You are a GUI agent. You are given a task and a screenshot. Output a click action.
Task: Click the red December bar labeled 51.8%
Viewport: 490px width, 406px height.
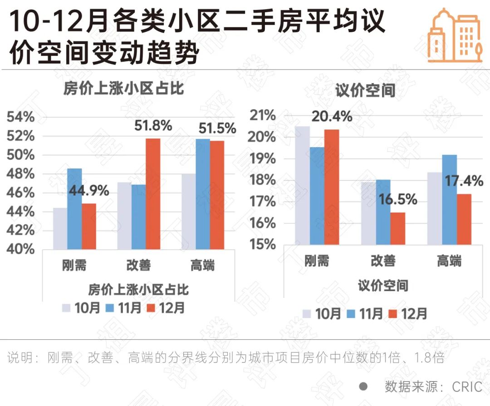click(x=153, y=193)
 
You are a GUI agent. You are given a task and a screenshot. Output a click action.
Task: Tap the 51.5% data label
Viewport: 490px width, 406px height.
click(x=217, y=129)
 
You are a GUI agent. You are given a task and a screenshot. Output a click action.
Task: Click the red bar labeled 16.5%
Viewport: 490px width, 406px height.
click(x=397, y=228)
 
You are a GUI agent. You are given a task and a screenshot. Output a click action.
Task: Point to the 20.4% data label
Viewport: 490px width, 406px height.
click(x=332, y=116)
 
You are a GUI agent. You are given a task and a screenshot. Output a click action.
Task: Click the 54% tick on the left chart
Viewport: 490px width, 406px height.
click(x=20, y=117)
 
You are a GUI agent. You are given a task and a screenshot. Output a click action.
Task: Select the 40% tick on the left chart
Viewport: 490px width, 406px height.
click(x=20, y=249)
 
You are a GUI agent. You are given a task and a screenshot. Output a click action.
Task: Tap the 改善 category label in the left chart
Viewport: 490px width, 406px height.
click(x=138, y=265)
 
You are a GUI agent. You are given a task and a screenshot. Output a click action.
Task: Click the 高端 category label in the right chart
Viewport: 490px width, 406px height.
click(x=449, y=261)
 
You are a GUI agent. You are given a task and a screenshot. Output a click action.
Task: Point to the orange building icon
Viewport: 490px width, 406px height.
click(x=454, y=35)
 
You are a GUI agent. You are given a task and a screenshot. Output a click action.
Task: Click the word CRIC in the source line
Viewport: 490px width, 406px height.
click(x=467, y=387)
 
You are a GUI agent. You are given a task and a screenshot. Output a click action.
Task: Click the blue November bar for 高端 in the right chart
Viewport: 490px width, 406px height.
click(x=449, y=199)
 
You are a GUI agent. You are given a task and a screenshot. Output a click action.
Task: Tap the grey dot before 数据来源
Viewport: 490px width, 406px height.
click(x=363, y=386)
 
